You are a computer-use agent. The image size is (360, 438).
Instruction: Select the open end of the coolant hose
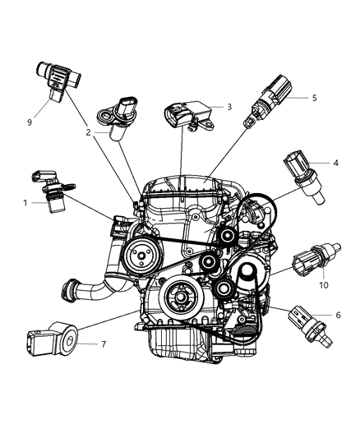click(x=67, y=291)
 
